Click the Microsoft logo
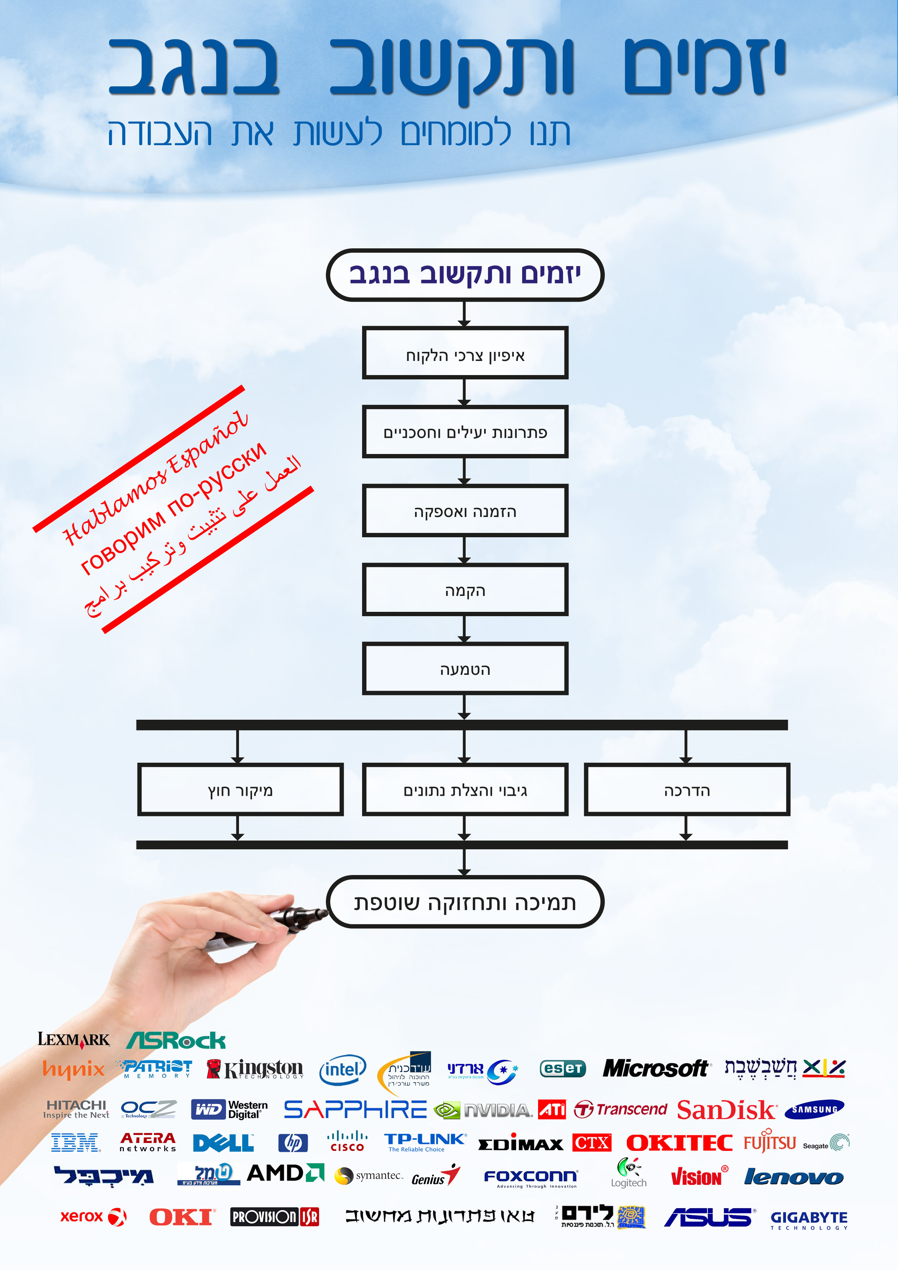[x=655, y=1068]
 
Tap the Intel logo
[x=343, y=1069]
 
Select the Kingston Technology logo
[x=256, y=1069]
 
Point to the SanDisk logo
[x=726, y=1110]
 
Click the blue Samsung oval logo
[x=814, y=1110]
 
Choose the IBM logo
[x=75, y=1142]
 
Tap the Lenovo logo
[x=793, y=1177]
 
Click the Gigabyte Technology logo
[x=808, y=1219]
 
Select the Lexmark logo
[x=74, y=1039]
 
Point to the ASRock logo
[x=176, y=1040]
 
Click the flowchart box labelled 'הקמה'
[x=465, y=590]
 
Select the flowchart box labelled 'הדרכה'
[x=687, y=790]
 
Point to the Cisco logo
[x=347, y=1142]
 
